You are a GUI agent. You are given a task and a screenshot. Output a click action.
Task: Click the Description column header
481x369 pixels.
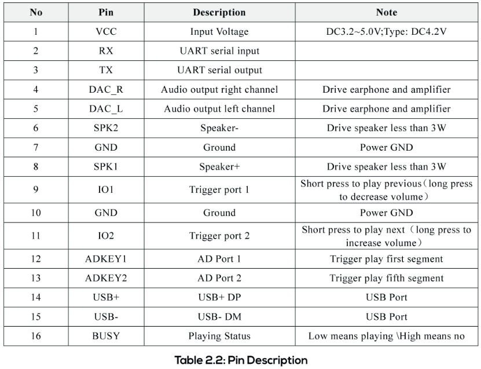tap(219, 12)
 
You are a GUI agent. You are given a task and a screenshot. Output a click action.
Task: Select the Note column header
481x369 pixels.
tap(386, 12)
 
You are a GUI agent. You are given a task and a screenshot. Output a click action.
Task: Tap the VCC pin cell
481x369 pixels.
tap(106, 31)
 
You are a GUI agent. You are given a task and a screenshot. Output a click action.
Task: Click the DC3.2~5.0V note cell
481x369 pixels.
tap(386, 31)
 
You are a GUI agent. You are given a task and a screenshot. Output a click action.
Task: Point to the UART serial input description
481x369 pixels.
tap(219, 51)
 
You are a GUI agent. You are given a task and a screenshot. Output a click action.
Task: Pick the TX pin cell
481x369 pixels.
tap(106, 70)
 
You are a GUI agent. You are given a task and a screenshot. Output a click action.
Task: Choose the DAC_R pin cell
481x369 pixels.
tap(106, 89)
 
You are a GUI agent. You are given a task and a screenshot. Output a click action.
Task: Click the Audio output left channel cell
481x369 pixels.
tap(219, 109)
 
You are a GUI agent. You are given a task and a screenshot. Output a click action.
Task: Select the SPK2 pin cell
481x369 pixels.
tap(106, 128)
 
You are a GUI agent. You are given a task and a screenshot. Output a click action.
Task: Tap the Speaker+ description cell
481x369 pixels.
tap(219, 167)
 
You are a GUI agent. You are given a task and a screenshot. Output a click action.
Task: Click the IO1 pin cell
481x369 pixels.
tap(106, 190)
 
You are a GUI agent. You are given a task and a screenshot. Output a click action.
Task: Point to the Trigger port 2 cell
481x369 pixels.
tap(219, 236)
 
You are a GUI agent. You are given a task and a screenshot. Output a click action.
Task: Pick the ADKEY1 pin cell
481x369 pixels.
tap(106, 259)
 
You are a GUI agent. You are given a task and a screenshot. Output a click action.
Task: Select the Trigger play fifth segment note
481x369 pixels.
tap(386, 278)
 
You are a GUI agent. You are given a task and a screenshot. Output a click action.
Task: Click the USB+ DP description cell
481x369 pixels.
tap(219, 297)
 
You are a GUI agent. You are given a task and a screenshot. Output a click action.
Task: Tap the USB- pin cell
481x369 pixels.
tap(106, 317)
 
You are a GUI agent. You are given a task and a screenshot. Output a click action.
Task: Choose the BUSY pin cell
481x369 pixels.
tap(106, 336)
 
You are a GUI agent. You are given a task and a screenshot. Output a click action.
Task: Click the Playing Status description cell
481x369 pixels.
tap(219, 336)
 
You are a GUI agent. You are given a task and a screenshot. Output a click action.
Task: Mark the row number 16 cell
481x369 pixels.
tap(36, 336)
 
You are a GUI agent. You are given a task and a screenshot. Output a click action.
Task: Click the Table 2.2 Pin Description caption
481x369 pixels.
tap(241, 360)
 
